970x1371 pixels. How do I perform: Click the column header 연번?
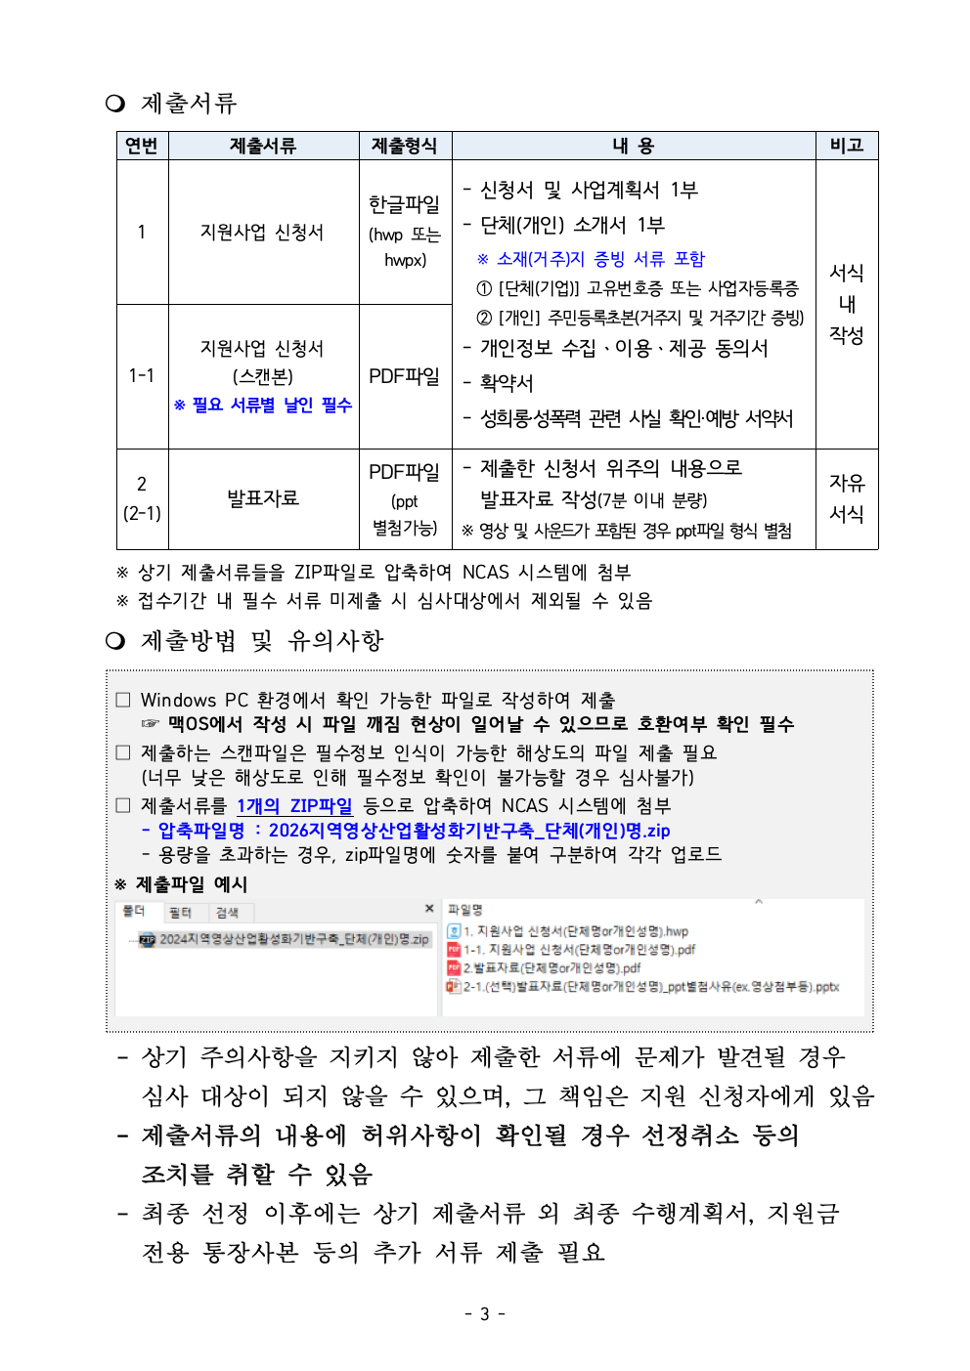[142, 146]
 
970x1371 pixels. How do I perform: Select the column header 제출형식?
[405, 146]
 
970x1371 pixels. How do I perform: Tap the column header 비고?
[846, 146]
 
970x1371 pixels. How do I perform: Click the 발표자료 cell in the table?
[263, 498]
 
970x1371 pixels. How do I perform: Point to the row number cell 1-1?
[142, 375]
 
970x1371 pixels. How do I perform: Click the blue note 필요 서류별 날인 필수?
[263, 405]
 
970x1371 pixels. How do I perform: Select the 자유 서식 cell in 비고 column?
[846, 498]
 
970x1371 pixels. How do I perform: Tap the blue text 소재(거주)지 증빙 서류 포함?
[591, 259]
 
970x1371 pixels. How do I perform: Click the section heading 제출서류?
[189, 103]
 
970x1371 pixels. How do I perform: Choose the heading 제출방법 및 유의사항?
[262, 641]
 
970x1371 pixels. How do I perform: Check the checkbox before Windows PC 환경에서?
[123, 700]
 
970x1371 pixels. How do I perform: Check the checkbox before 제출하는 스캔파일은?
[123, 752]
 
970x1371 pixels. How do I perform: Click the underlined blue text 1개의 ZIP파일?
[294, 806]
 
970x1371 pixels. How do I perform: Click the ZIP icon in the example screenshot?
[148, 940]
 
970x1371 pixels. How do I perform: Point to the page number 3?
[484, 1314]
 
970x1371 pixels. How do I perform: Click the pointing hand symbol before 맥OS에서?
[150, 724]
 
